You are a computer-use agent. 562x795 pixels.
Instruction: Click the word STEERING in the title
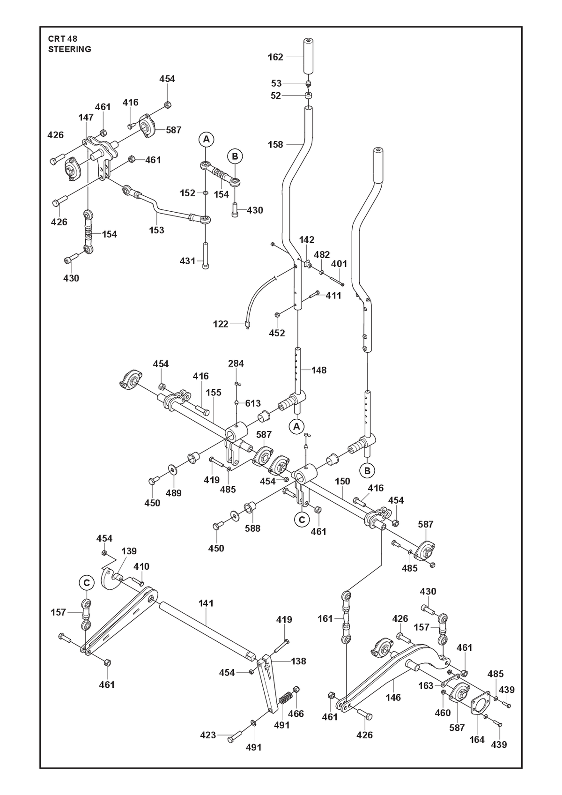(x=69, y=49)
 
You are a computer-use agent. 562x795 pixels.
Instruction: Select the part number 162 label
(x=275, y=57)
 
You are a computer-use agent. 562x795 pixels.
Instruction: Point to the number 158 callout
(x=275, y=144)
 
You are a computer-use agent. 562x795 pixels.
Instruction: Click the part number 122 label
(x=220, y=324)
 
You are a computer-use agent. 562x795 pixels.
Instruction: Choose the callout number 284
(x=236, y=364)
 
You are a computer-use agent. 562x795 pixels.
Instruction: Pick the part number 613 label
(x=252, y=403)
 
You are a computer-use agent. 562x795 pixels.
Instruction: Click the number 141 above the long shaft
(x=206, y=603)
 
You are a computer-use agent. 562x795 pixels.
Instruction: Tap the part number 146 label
(x=393, y=697)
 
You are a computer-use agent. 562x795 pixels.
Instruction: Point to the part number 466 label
(x=296, y=713)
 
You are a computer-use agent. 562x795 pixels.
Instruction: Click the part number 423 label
(x=208, y=735)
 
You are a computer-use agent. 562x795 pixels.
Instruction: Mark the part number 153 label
(x=156, y=230)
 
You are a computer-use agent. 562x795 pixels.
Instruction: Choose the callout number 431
(x=187, y=261)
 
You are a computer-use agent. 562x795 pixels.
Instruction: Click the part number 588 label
(x=252, y=528)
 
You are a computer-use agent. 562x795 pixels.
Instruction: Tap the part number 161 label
(x=325, y=618)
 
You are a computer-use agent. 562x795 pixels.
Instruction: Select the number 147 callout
(x=86, y=117)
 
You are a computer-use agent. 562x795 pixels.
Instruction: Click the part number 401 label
(x=339, y=264)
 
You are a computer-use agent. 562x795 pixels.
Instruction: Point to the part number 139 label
(x=129, y=551)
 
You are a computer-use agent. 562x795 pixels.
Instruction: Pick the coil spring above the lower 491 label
(x=284, y=699)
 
